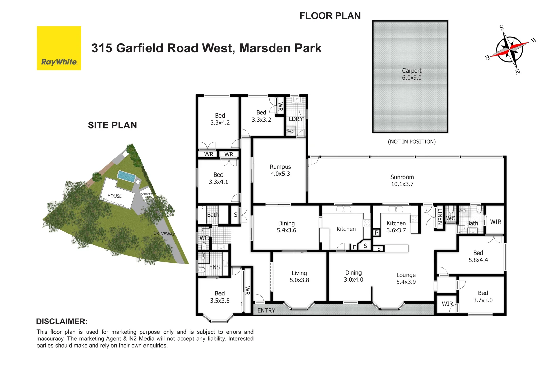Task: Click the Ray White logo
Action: click(59, 48)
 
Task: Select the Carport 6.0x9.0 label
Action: click(412, 74)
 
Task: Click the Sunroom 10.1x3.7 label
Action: click(402, 180)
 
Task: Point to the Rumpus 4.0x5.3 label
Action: click(280, 170)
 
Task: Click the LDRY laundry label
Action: click(295, 119)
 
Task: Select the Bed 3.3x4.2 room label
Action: click(220, 119)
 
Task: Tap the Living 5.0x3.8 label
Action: click(299, 276)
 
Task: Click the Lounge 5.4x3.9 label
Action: click(406, 278)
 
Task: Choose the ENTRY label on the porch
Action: click(266, 310)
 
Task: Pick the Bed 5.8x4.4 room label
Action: click(478, 256)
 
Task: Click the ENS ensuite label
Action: click(214, 267)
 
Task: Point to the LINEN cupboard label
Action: click(440, 217)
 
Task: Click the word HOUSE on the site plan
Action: click(114, 196)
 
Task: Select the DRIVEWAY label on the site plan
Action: click(164, 234)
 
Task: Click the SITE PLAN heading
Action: click(112, 125)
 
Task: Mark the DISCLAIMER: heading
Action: click(62, 321)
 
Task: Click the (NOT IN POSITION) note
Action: click(412, 141)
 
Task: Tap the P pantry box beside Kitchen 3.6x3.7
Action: click(377, 233)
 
